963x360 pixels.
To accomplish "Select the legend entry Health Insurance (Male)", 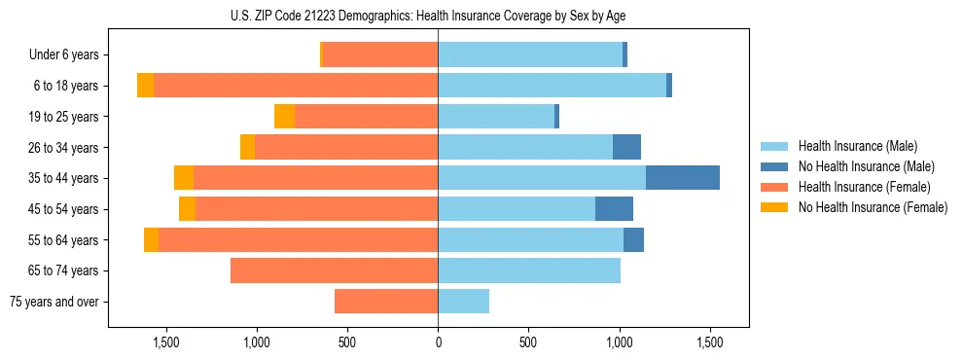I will tap(857, 146).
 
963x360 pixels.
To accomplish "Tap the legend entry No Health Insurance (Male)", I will tap(866, 166).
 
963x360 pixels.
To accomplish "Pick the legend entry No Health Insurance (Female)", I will tap(872, 207).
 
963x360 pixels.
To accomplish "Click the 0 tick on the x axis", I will tap(438, 342).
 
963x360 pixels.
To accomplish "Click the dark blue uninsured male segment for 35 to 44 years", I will tap(683, 178).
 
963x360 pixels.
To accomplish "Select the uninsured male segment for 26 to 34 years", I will tap(626, 147).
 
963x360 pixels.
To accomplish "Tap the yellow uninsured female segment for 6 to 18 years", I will tap(145, 86).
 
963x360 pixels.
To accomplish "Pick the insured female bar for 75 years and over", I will tap(386, 302).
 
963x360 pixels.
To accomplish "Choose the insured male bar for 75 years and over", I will tap(463, 302).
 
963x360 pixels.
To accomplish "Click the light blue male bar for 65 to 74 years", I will tap(529, 270).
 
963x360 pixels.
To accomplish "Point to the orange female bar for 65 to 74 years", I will tap(334, 270).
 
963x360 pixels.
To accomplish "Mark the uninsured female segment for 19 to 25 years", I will tap(284, 117).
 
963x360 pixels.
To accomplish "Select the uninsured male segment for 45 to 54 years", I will tap(614, 209).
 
